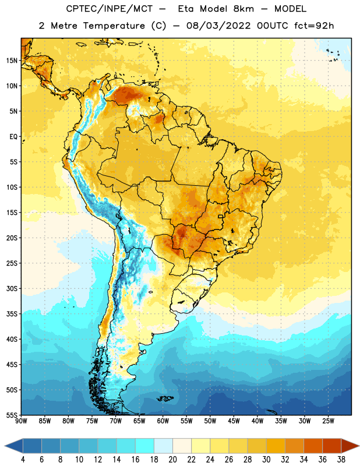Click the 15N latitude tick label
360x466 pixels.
click(x=12, y=61)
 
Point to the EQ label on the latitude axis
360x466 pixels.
click(x=13, y=137)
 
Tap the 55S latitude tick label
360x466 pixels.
click(x=12, y=415)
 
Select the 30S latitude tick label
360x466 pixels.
click(x=12, y=288)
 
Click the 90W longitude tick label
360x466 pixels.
click(x=21, y=421)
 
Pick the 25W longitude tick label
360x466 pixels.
click(x=328, y=421)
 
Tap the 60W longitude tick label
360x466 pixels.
click(x=163, y=421)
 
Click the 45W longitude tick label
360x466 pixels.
click(x=234, y=421)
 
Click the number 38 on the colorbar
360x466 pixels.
click(x=341, y=460)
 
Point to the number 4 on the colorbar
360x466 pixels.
click(x=23, y=460)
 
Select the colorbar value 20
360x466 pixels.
click(x=172, y=460)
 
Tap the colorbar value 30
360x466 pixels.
click(x=266, y=460)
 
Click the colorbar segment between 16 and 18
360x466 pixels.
click(x=145, y=446)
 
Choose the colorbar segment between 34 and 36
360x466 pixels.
click(x=313, y=446)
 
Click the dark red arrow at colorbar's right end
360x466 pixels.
click(x=350, y=446)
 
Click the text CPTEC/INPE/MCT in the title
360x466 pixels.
click(x=110, y=9)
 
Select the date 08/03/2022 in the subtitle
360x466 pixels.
click(x=218, y=26)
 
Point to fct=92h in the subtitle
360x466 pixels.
click(x=314, y=26)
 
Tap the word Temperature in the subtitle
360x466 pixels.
click(x=114, y=26)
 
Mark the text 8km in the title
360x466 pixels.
click(x=243, y=9)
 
